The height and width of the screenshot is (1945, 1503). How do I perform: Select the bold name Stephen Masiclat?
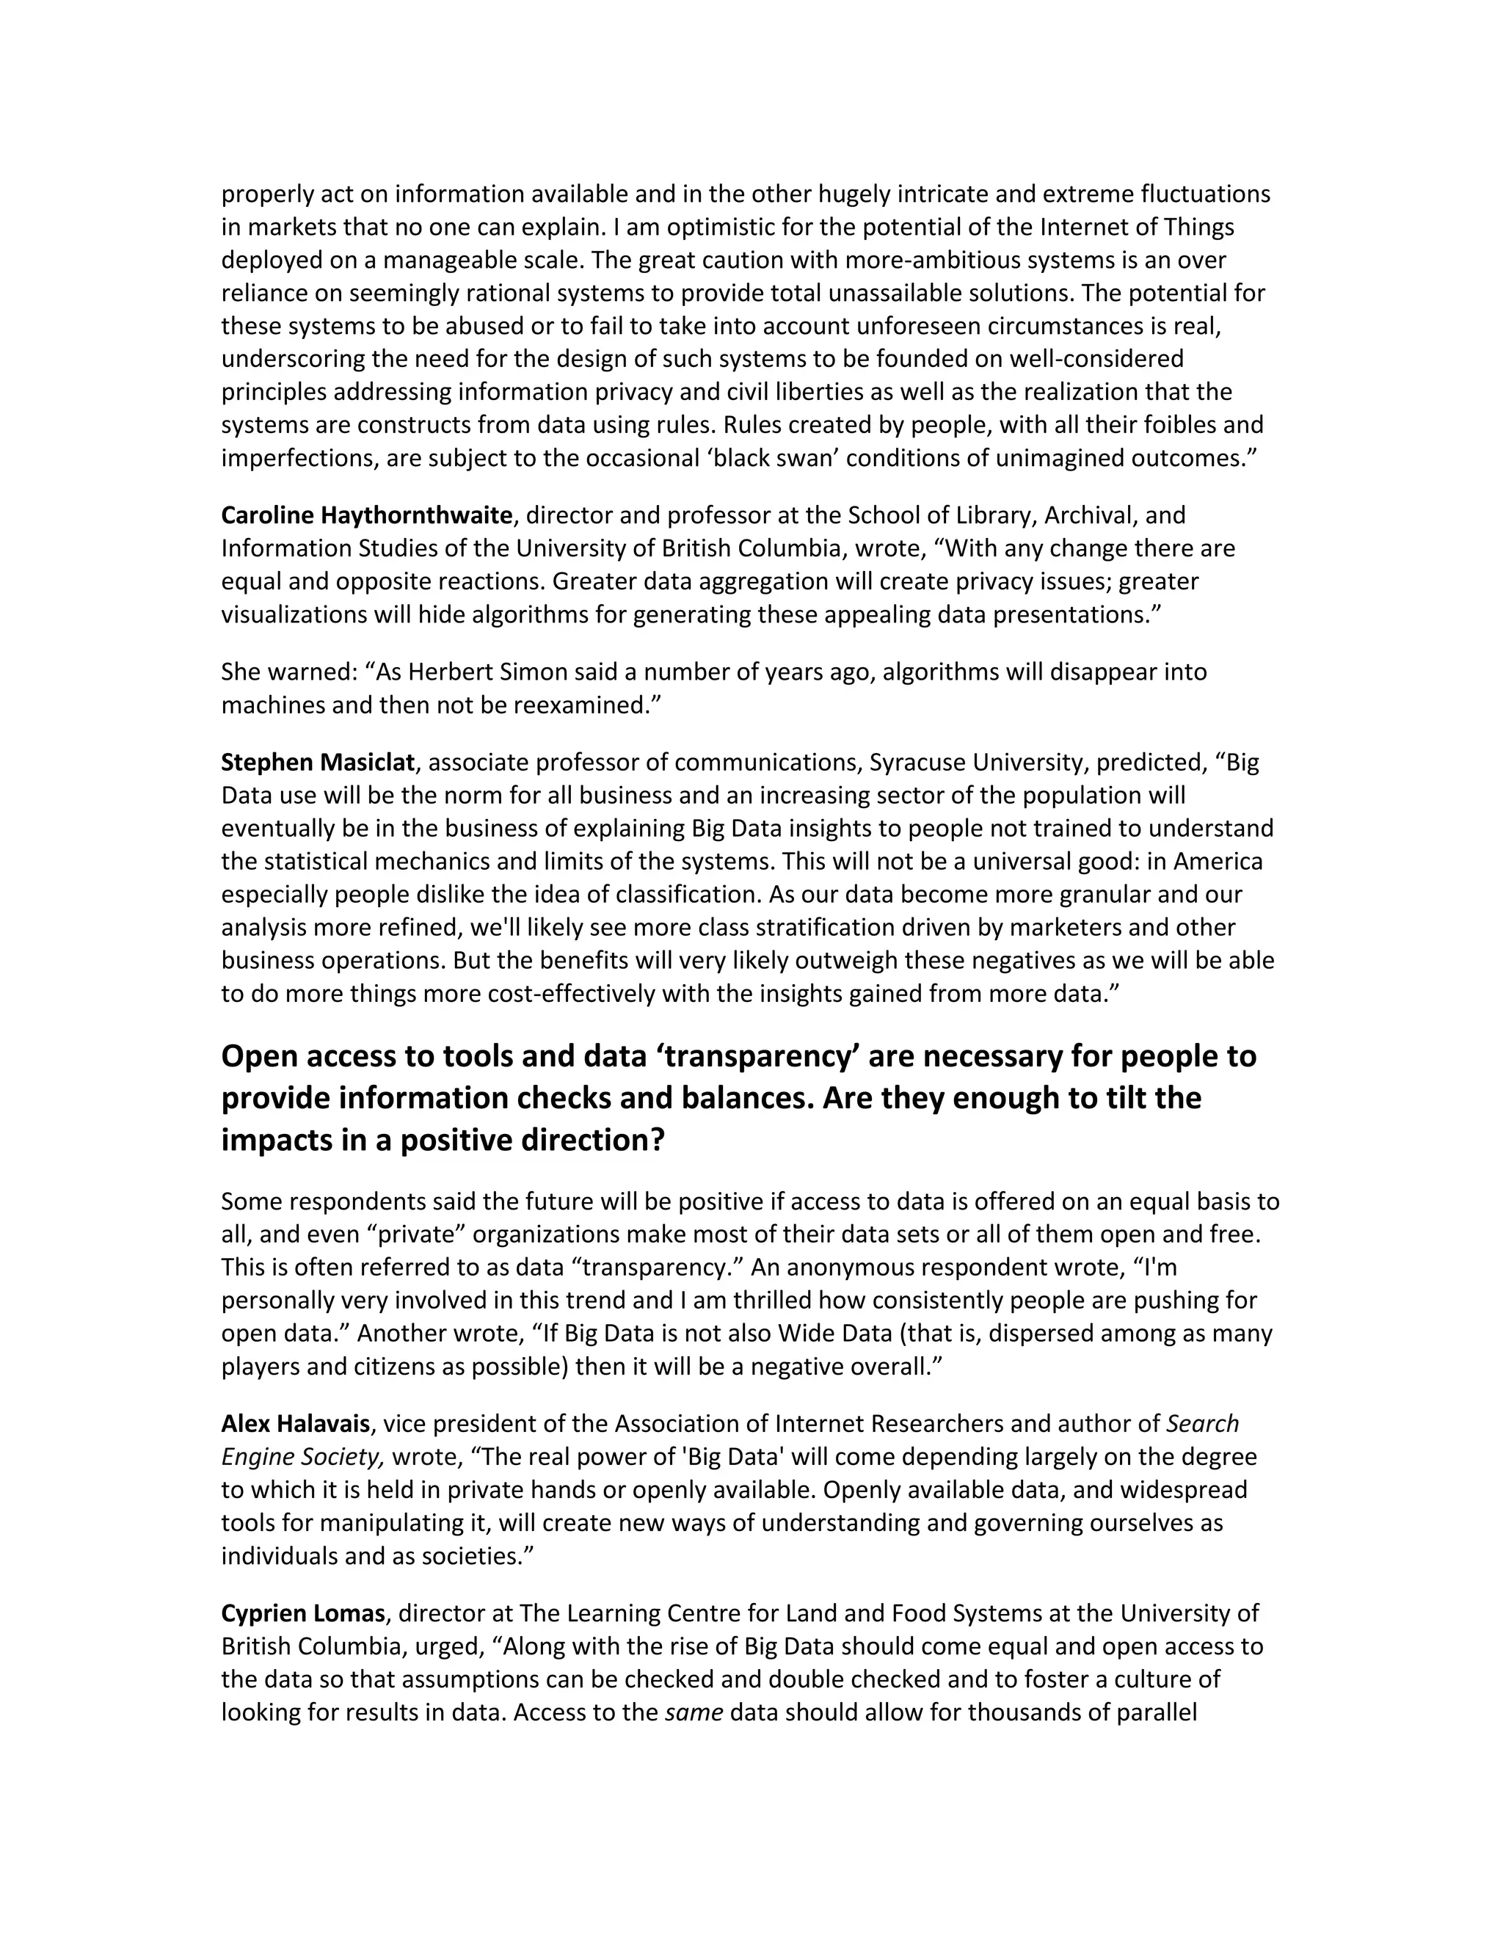click(x=317, y=763)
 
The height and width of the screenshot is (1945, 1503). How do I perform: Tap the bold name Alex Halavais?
click(x=295, y=1424)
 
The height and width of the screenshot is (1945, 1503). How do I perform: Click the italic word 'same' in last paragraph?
click(x=694, y=1712)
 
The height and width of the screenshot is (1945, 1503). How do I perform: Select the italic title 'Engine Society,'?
click(x=303, y=1457)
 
